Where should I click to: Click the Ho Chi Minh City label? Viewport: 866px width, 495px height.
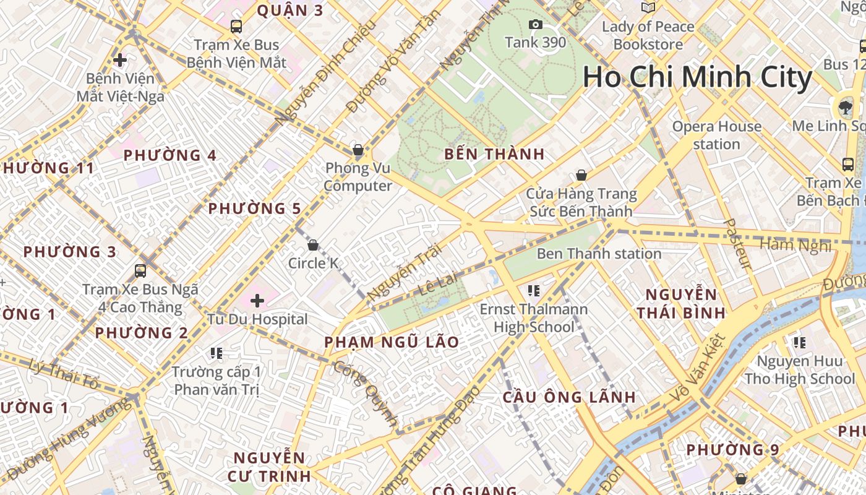point(697,77)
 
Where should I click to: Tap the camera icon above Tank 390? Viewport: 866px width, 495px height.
point(536,25)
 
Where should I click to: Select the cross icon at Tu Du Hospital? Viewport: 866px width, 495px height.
point(257,301)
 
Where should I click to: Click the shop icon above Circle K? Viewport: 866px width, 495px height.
point(313,245)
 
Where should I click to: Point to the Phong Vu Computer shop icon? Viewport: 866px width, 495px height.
point(358,150)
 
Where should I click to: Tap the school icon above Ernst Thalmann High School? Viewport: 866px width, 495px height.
point(534,290)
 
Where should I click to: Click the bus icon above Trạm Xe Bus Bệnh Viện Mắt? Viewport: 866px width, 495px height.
point(236,27)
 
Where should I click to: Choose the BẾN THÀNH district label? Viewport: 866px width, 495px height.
point(494,154)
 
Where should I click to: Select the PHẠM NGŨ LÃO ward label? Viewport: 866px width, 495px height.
point(392,342)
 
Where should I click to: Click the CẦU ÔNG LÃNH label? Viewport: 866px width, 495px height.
point(569,397)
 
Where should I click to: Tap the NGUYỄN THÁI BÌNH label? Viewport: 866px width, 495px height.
point(681,303)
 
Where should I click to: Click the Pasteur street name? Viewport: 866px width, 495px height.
point(737,244)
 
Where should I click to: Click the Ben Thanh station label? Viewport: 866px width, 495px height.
point(599,254)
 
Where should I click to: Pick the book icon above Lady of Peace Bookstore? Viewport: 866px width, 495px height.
point(648,8)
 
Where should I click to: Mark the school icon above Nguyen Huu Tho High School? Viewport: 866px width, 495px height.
point(799,342)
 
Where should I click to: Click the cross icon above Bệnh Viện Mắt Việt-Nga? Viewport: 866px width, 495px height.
point(120,60)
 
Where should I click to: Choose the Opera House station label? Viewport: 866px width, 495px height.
point(716,136)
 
